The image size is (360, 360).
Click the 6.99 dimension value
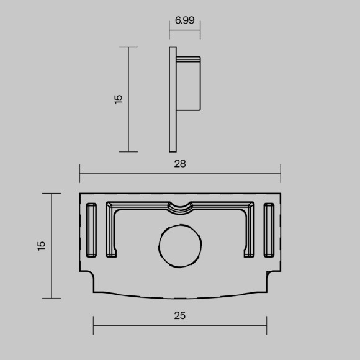pos(185,20)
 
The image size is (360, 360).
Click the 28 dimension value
pos(180,164)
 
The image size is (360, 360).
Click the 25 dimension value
pos(180,315)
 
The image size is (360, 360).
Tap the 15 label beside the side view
pos(119,99)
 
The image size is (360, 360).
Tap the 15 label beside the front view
pos(41,245)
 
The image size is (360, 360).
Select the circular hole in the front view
pos(181,246)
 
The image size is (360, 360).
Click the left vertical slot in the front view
pos(91,229)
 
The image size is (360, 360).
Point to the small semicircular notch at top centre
pos(181,206)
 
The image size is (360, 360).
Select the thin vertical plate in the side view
pos(172,99)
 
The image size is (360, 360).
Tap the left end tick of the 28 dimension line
pos(79,173)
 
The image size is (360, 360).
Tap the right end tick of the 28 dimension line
pos(281,173)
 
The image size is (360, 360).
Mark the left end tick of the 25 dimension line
pos(93,324)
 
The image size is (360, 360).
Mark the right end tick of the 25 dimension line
pos(267,324)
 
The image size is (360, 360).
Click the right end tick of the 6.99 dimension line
pos(200,30)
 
